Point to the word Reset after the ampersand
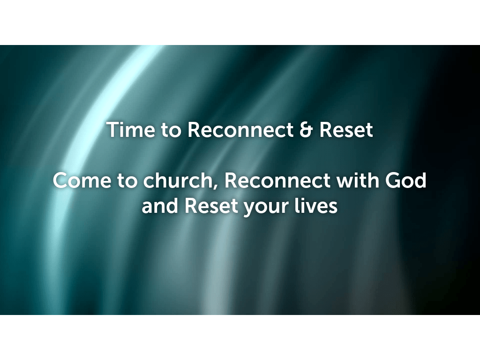(346, 130)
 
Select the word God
(405, 181)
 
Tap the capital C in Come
(61, 181)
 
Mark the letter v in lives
(315, 208)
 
